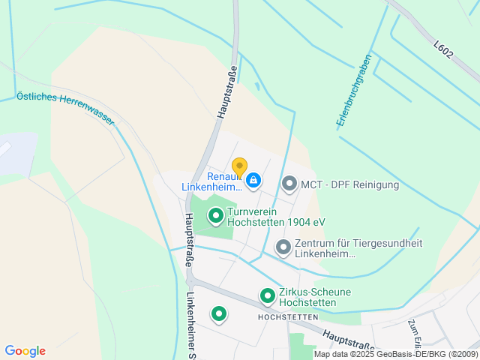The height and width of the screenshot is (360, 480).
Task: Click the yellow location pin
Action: pyautogui.click(x=239, y=166)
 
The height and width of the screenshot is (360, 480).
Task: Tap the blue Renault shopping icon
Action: pyautogui.click(x=254, y=180)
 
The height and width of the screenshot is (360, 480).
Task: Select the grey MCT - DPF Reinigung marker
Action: pyautogui.click(x=289, y=183)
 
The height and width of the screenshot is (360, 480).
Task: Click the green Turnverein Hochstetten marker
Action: pyautogui.click(x=216, y=217)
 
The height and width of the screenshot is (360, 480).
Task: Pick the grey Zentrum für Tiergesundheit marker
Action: pyautogui.click(x=283, y=246)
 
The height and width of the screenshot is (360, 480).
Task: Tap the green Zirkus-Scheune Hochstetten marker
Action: pyautogui.click(x=267, y=296)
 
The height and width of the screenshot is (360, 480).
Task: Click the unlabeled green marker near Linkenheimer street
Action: pyautogui.click(x=219, y=313)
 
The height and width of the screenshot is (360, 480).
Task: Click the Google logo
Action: pyautogui.click(x=25, y=351)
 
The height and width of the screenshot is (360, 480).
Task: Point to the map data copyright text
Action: pyautogui.click(x=395, y=354)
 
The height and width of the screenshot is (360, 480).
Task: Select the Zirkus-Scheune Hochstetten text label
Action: pyautogui.click(x=314, y=297)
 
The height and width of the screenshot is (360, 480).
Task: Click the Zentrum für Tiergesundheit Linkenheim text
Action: pyautogui.click(x=358, y=248)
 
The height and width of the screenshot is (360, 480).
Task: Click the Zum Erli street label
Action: pyautogui.click(x=414, y=331)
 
